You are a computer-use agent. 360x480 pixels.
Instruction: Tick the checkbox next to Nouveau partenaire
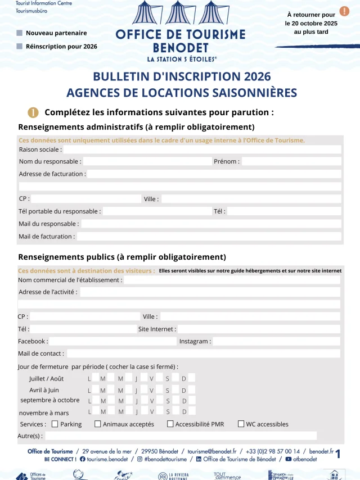click(x=20, y=33)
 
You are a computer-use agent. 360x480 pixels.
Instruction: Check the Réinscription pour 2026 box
click(x=20, y=46)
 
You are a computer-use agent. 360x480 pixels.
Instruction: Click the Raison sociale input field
click(x=202, y=150)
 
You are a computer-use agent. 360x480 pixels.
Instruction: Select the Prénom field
click(x=291, y=161)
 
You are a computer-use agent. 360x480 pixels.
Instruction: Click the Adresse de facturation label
click(x=52, y=174)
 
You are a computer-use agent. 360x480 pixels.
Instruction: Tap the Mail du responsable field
click(x=211, y=224)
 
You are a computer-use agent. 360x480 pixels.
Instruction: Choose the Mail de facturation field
click(x=209, y=237)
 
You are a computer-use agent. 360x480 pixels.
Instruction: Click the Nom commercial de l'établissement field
click(x=232, y=280)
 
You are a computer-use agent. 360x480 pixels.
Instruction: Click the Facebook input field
click(x=112, y=341)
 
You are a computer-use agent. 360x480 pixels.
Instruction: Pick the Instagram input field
click(x=276, y=341)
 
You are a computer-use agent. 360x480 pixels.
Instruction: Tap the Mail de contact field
click(x=203, y=354)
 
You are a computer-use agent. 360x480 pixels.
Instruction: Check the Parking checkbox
click(x=55, y=424)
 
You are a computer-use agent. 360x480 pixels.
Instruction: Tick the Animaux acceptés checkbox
click(x=98, y=424)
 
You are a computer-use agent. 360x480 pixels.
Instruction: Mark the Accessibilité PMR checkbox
click(x=170, y=424)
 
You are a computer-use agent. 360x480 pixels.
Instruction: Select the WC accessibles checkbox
click(x=241, y=424)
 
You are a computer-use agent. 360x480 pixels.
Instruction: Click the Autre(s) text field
click(x=181, y=436)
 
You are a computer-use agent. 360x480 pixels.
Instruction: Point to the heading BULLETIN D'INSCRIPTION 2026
click(x=182, y=76)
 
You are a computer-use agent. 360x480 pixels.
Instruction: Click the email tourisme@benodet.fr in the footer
click(x=211, y=451)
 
